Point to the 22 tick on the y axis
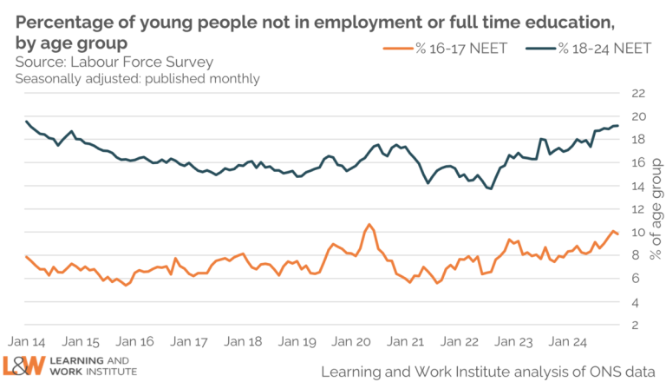[x=638, y=93]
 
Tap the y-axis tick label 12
[x=638, y=209]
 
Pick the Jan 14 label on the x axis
[x=27, y=342]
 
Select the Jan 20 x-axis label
[x=351, y=342]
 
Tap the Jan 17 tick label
[x=189, y=342]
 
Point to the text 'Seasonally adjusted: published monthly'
[x=137, y=79]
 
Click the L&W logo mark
[x=23, y=366]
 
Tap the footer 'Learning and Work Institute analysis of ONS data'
[x=488, y=371]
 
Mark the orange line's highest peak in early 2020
[x=369, y=225]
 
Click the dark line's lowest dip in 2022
[x=490, y=188]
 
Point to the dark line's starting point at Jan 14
[x=27, y=122]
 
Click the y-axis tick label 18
[x=638, y=140]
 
